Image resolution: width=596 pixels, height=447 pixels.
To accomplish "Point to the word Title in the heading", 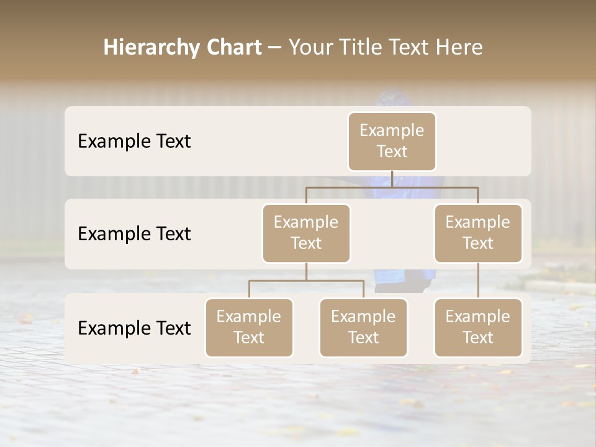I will [x=360, y=47].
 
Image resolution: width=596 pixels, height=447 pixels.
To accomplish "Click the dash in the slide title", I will [x=275, y=48].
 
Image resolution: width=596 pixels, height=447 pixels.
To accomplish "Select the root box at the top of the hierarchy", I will [x=392, y=141].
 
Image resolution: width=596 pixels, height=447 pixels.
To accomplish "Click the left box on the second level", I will [x=306, y=233].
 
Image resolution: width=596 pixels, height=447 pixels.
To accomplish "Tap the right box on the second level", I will [x=478, y=233].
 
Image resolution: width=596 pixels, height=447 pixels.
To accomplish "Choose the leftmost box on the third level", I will [x=249, y=327].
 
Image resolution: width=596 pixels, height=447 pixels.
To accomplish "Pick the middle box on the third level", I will [x=363, y=327].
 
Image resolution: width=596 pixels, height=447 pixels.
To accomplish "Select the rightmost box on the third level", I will [x=478, y=327].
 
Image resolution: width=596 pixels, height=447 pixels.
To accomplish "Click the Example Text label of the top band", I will [x=134, y=141].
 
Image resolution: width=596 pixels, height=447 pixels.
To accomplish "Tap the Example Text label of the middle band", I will [x=134, y=233].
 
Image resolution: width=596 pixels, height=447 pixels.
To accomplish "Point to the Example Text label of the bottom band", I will [x=134, y=328].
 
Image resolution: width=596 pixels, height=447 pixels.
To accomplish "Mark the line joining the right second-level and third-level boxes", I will [x=478, y=281].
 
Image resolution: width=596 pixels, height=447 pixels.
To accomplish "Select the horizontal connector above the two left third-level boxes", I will [x=306, y=281].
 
